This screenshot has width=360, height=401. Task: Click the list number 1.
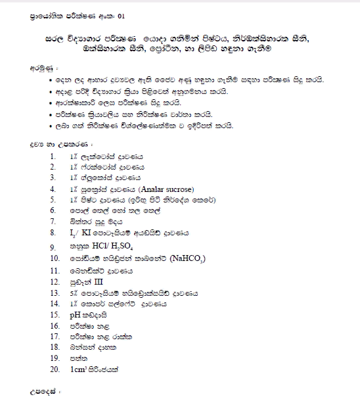tap(53, 156)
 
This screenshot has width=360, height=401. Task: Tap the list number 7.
tap(53, 222)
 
